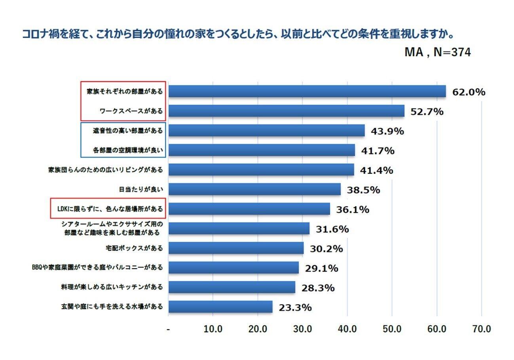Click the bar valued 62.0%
[307, 91]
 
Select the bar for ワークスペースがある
[286, 111]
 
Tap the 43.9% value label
[387, 131]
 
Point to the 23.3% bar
[220, 307]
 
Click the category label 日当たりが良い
[141, 189]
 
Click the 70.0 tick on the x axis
[481, 329]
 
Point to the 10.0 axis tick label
[213, 329]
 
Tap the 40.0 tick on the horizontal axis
[347, 329]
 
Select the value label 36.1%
[353, 210]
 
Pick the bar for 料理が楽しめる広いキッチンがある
[231, 287]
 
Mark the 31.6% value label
[332, 229]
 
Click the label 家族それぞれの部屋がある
[125, 91]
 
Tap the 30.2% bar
[236, 248]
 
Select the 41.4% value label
[376, 171]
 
